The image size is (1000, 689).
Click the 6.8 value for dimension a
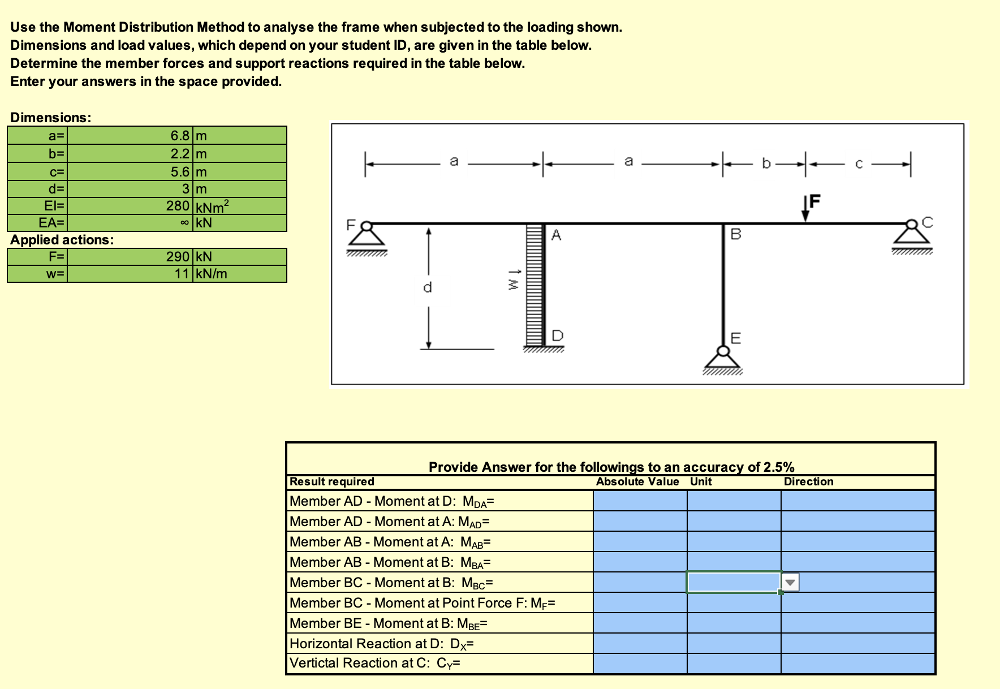(180, 136)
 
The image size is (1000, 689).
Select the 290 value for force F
(178, 257)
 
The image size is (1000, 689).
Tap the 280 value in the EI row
(178, 206)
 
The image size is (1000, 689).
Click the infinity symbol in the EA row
(184, 223)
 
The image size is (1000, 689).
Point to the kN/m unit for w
(211, 274)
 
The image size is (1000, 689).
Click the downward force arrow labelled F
(805, 210)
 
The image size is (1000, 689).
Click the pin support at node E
(722, 358)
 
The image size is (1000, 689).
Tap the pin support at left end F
(367, 234)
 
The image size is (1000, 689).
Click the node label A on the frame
(556, 235)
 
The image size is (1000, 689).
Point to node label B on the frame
(735, 234)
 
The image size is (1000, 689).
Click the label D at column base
(557, 335)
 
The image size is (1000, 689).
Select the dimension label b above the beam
(766, 163)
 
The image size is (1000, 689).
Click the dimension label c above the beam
(859, 164)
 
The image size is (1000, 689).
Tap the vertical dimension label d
(428, 287)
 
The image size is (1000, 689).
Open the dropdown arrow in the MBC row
(790, 582)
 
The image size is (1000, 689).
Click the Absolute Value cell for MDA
(640, 501)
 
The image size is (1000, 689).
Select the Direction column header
(808, 481)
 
